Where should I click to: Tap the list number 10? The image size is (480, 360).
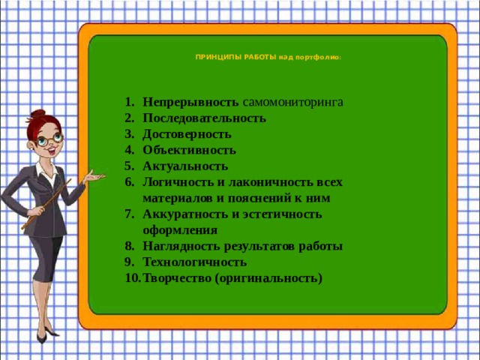(132, 279)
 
